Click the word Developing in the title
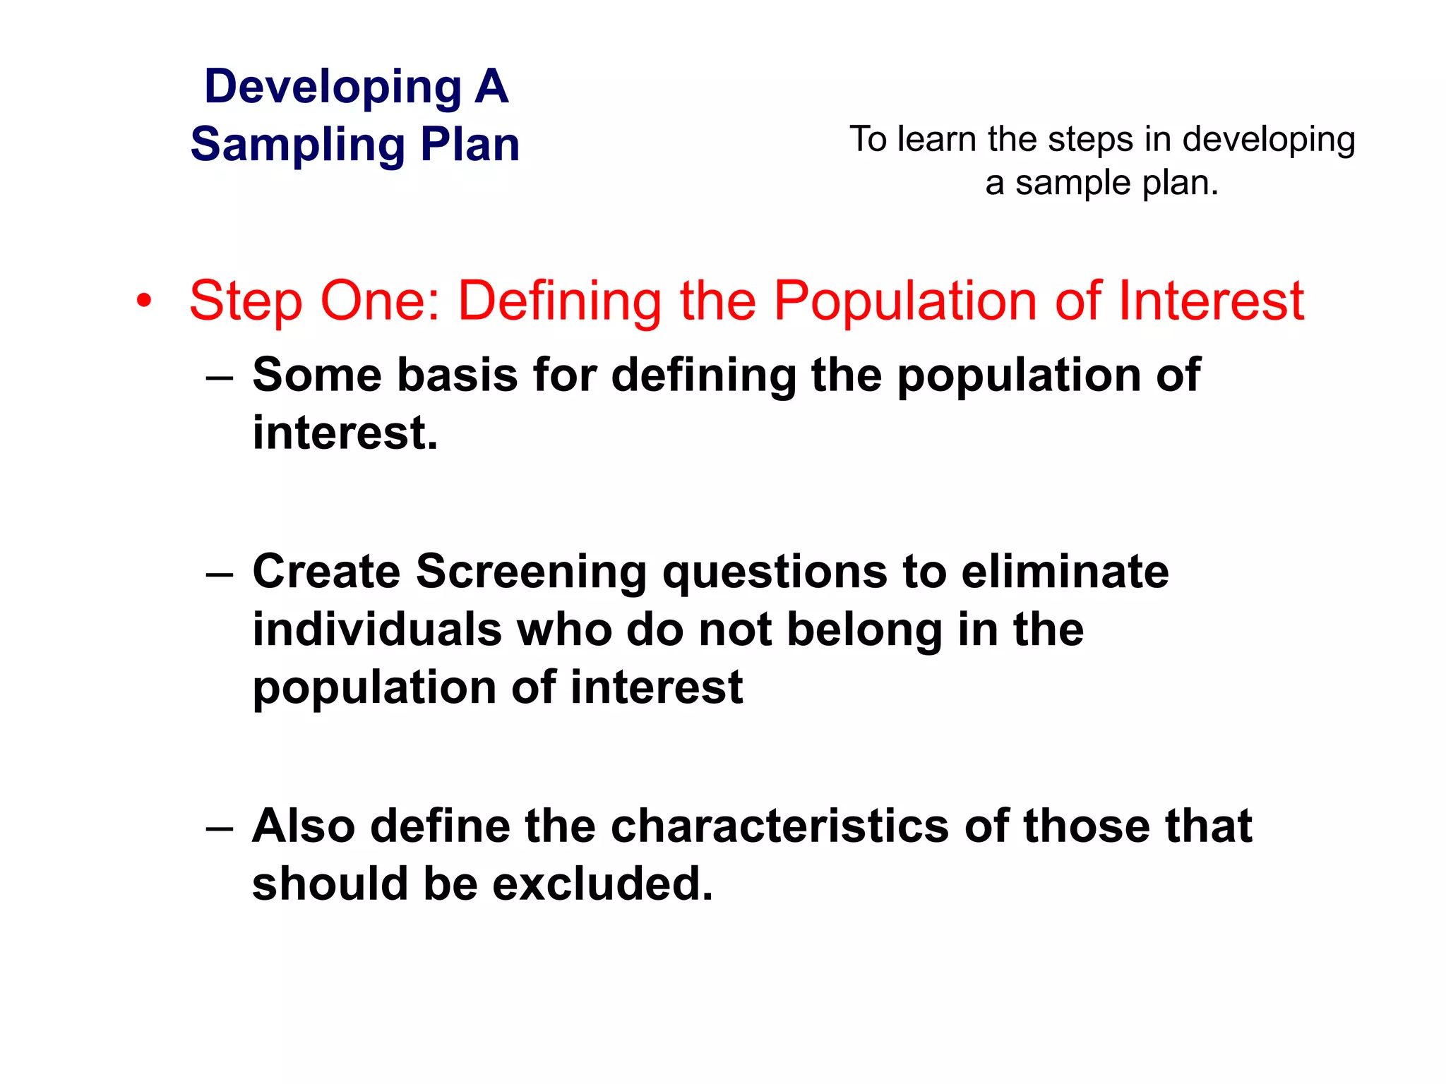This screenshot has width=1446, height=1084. coord(333,88)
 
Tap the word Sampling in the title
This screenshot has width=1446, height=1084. coord(297,145)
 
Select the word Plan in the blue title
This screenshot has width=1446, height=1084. coord(470,144)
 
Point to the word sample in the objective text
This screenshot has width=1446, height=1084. coord(1073,183)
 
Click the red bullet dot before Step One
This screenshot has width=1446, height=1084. coord(144,301)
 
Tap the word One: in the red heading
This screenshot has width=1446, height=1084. coord(381,301)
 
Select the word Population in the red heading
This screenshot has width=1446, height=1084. coord(905,301)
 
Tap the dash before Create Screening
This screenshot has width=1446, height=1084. coord(220,574)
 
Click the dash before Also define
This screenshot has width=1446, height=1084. coord(220,829)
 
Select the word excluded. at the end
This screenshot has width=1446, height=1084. coord(602,884)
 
